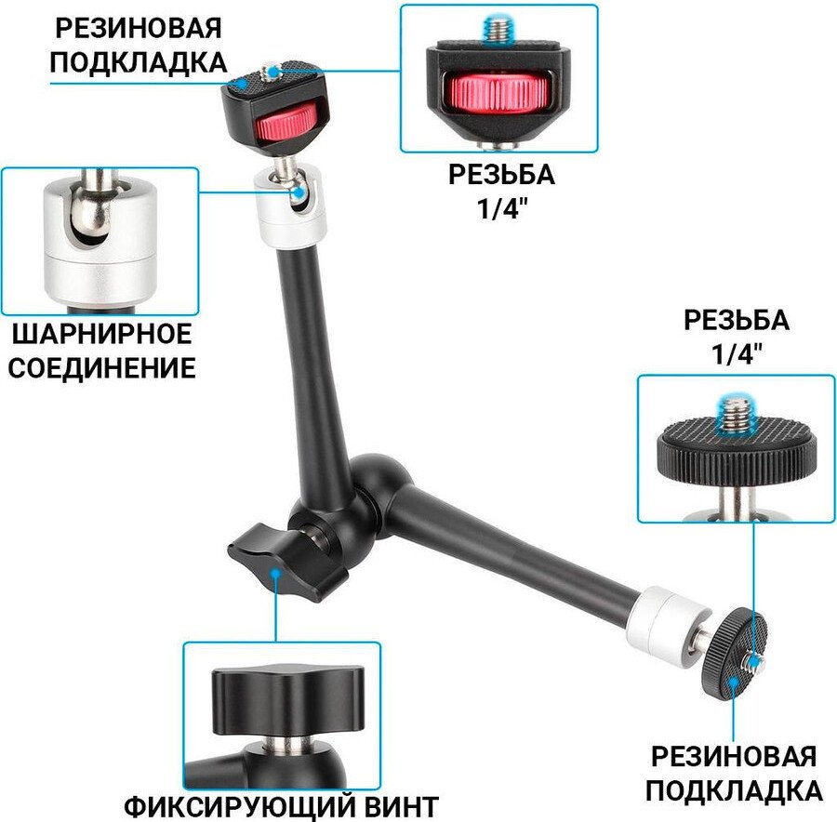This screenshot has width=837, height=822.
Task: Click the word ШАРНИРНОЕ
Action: pos(101,334)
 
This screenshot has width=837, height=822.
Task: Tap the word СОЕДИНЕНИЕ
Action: pos(101,368)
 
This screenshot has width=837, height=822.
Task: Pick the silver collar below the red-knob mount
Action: pos(290,205)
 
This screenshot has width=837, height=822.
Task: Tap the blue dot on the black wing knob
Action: pos(275,574)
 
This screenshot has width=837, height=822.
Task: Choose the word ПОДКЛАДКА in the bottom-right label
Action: pos(734,789)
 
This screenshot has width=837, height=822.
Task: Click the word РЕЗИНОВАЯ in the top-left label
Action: pos(139,28)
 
